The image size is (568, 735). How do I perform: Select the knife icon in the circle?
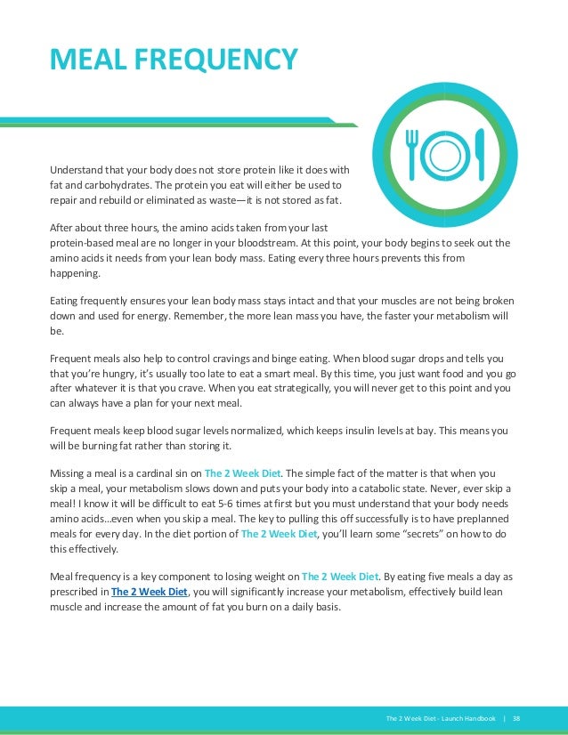tap(481, 153)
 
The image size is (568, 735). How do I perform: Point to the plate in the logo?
tap(445, 153)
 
